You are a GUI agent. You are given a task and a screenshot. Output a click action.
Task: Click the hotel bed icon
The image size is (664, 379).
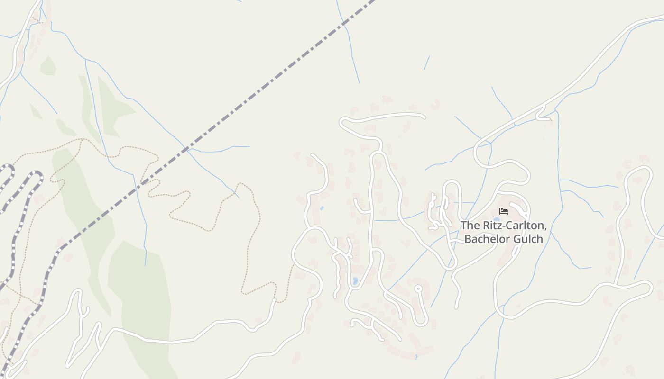504,211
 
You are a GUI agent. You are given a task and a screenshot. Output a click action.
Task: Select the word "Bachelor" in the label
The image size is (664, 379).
486,239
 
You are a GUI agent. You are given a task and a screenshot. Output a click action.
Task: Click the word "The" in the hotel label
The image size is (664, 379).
470,226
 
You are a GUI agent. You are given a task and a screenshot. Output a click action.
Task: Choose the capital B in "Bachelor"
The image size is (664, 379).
468,239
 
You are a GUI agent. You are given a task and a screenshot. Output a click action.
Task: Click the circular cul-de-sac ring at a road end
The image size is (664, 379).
418,288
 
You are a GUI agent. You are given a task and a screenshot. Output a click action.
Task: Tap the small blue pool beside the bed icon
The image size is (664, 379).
497,219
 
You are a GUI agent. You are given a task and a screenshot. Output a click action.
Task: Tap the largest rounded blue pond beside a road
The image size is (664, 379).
355,281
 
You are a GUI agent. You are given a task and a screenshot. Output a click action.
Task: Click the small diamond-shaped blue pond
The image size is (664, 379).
322,208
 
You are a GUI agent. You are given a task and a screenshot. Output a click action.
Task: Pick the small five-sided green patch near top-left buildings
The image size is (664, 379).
48,66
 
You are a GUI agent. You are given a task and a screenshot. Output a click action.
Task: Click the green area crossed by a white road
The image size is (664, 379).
142,303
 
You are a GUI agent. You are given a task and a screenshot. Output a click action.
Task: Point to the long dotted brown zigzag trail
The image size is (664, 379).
251,237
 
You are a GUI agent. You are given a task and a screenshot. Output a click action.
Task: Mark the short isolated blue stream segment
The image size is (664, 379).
427,63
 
